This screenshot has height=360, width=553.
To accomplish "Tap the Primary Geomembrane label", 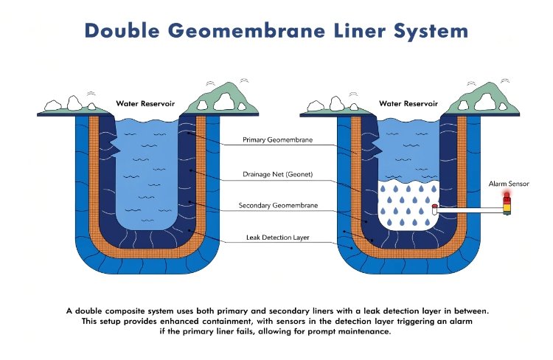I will [276, 139].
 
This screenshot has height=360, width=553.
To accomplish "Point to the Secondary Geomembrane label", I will [278, 205].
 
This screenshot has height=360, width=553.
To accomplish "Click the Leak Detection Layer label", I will [276, 238].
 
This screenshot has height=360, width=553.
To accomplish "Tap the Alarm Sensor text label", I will [509, 183].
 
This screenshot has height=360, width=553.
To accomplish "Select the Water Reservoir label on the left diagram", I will [145, 104].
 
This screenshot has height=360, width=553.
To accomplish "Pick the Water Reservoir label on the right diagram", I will [409, 104].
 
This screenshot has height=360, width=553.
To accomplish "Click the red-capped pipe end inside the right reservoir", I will [435, 208].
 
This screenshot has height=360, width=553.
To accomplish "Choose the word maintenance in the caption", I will [364, 331].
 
